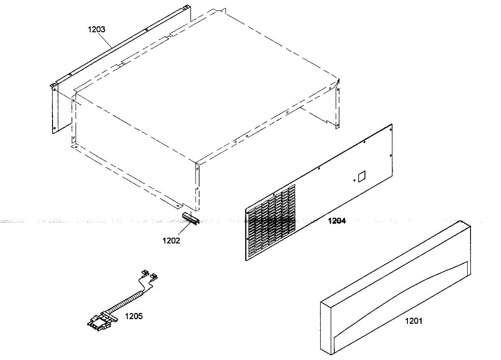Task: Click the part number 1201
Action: [x=413, y=321]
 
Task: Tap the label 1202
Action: [x=172, y=240]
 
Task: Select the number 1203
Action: [x=96, y=29]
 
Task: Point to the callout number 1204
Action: [x=337, y=221]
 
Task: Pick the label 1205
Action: [x=134, y=316]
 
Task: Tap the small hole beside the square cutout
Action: [x=354, y=181]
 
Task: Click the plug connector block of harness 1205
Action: [x=100, y=321]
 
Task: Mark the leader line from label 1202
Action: [x=184, y=230]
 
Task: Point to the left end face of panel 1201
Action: [x=326, y=325]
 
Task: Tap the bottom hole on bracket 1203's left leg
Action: [x=54, y=128]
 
